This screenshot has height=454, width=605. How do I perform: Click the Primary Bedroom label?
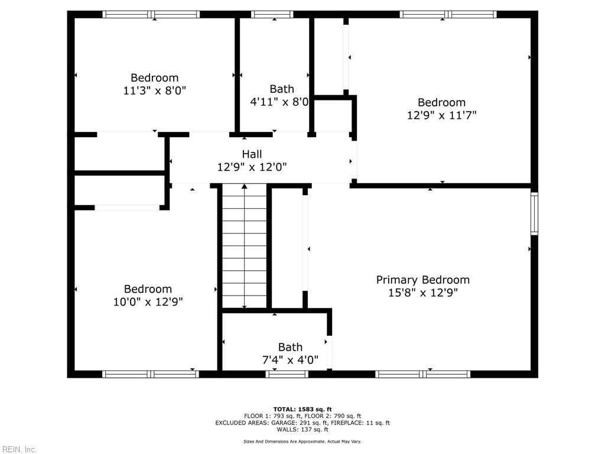[423, 280]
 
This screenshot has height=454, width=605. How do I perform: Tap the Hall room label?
[252, 154]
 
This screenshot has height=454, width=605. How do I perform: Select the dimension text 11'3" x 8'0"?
[154, 90]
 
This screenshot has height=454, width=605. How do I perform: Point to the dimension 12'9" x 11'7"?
[441, 115]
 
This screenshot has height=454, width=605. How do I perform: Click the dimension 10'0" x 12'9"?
[148, 301]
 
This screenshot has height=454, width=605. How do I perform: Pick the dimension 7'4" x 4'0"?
[290, 359]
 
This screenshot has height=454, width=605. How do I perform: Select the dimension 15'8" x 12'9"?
[423, 293]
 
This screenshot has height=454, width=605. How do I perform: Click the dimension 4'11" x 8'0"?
[279, 102]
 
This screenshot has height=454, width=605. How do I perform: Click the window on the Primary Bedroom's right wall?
[534, 213]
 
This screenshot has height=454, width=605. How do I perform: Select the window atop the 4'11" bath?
[272, 14]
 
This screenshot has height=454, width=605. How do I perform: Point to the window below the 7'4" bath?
[287, 374]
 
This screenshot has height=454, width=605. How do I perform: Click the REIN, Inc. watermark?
[19, 449]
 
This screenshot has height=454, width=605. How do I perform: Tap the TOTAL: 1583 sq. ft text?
[302, 409]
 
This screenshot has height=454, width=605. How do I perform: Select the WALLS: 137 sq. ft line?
[302, 429]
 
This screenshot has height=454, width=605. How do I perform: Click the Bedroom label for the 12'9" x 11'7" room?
[441, 102]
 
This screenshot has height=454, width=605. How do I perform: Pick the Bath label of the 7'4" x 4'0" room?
[290, 347]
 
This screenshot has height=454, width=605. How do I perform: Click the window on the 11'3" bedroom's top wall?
[151, 14]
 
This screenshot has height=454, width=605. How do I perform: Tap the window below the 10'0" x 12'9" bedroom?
[151, 374]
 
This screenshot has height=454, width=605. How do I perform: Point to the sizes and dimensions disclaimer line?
[302, 442]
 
